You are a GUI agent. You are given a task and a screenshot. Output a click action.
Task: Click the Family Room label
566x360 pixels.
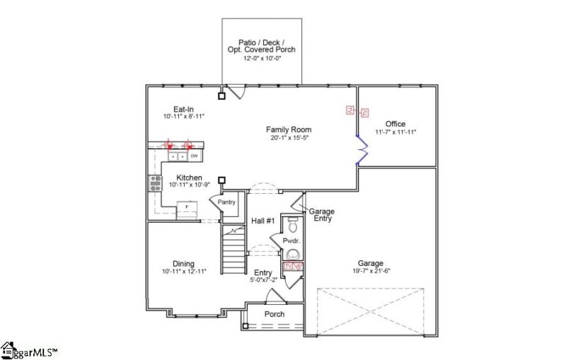point(289,129)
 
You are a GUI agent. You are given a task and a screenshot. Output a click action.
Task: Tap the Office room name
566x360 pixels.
point(395,124)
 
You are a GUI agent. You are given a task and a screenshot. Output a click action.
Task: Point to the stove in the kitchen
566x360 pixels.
point(155,183)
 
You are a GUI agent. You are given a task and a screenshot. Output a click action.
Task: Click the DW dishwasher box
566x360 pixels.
point(193,155)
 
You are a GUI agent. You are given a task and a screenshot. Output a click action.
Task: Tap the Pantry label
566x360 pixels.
point(226,202)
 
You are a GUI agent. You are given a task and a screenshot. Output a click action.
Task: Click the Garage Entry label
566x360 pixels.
point(321,215)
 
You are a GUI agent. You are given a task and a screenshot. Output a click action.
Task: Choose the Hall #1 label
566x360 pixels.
point(262,221)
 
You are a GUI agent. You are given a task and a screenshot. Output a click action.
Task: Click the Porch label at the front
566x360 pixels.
point(274,314)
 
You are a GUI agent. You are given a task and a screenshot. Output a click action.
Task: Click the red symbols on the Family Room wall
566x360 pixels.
point(357,111)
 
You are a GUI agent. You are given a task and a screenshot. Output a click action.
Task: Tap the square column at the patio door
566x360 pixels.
point(221,96)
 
